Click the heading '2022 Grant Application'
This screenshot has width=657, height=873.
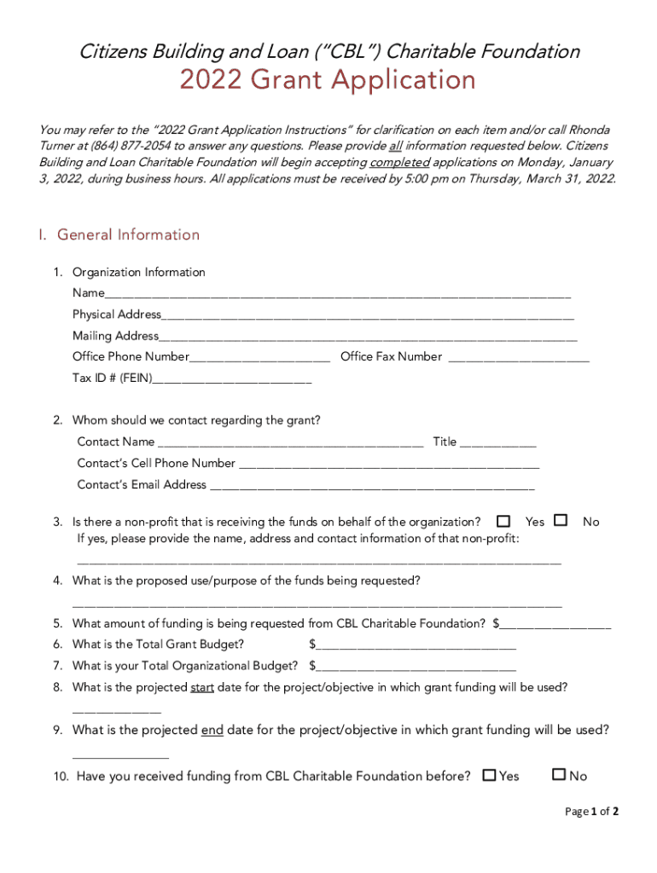tap(327, 81)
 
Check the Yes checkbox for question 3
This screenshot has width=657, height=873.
tap(503, 520)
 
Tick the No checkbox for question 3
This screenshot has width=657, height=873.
tap(561, 520)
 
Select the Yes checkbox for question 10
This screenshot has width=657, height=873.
tap(489, 775)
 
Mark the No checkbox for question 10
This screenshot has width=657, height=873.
tap(559, 775)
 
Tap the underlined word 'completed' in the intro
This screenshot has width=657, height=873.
tap(400, 162)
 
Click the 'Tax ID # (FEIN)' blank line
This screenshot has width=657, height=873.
tap(232, 379)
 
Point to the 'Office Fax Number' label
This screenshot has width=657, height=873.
tap(391, 357)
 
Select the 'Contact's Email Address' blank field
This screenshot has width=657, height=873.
tap(372, 486)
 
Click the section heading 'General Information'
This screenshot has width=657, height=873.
tap(128, 234)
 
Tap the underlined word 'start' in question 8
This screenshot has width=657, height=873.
tap(202, 687)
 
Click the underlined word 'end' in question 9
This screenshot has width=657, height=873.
tap(212, 731)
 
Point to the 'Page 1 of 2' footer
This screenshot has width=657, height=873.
tap(591, 812)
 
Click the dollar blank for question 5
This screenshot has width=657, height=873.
tap(555, 625)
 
